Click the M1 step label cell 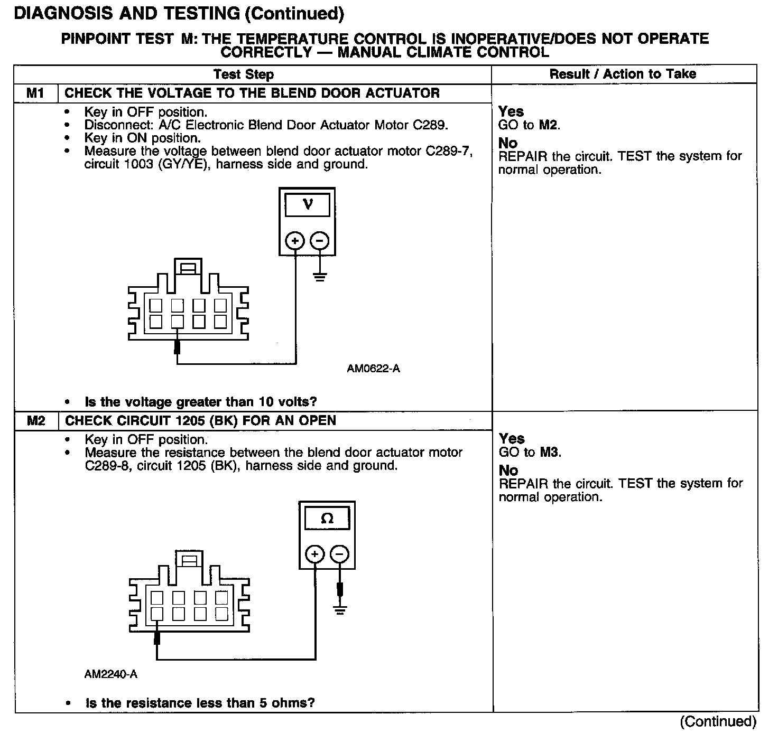click(35, 93)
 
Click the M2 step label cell click(35, 421)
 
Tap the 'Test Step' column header click(244, 74)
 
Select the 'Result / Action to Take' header click(623, 74)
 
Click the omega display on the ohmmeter click(327, 519)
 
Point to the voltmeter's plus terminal click(295, 241)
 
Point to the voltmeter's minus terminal click(319, 241)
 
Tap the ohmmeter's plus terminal click(315, 554)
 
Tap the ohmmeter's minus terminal click(340, 554)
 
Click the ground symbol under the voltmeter click(319, 276)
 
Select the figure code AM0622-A click(373, 369)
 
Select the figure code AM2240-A click(110, 674)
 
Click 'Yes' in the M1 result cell click(511, 111)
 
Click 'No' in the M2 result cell click(508, 470)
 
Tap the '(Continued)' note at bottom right click(718, 721)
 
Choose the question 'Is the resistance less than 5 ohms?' click(200, 703)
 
